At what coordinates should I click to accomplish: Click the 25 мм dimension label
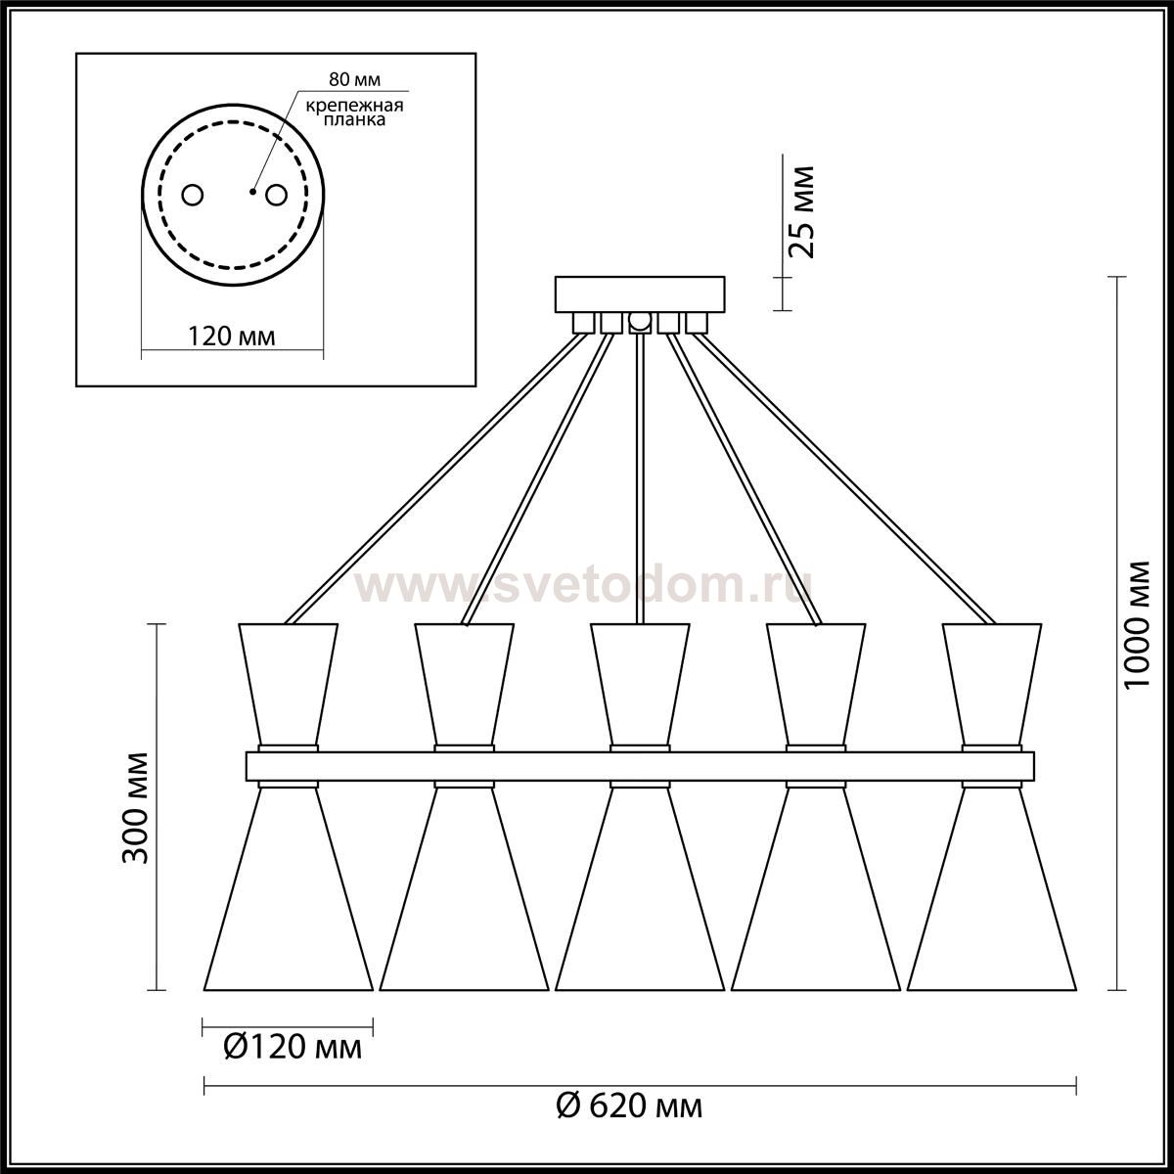tap(800, 211)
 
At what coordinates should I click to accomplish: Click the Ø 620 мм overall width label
tap(629, 1106)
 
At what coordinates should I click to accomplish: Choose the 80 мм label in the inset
tap(354, 80)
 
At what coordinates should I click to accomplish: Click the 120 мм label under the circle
tap(232, 337)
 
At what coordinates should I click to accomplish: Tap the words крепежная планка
tap(354, 113)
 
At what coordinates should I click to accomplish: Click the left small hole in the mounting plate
tap(193, 196)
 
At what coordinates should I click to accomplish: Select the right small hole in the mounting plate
tap(275, 196)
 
